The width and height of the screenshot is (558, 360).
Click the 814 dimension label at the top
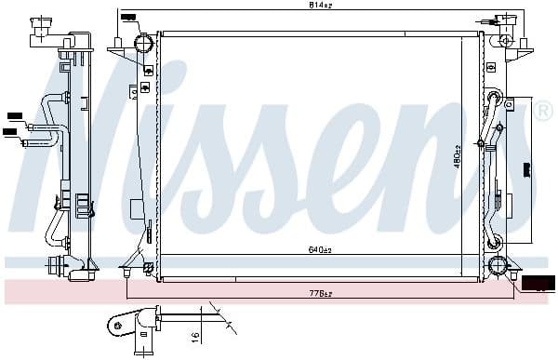[320, 7]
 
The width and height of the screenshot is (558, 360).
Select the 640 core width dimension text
[320, 248]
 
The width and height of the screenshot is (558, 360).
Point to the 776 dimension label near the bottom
[320, 295]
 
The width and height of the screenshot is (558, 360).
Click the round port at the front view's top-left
[143, 45]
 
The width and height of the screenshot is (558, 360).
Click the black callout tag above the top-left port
[127, 17]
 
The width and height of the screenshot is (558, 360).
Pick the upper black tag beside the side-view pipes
[14, 115]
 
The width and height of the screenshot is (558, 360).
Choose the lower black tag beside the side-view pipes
[10, 132]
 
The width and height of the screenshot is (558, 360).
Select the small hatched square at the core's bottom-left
[148, 269]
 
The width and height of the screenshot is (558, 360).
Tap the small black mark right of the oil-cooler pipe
[527, 169]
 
